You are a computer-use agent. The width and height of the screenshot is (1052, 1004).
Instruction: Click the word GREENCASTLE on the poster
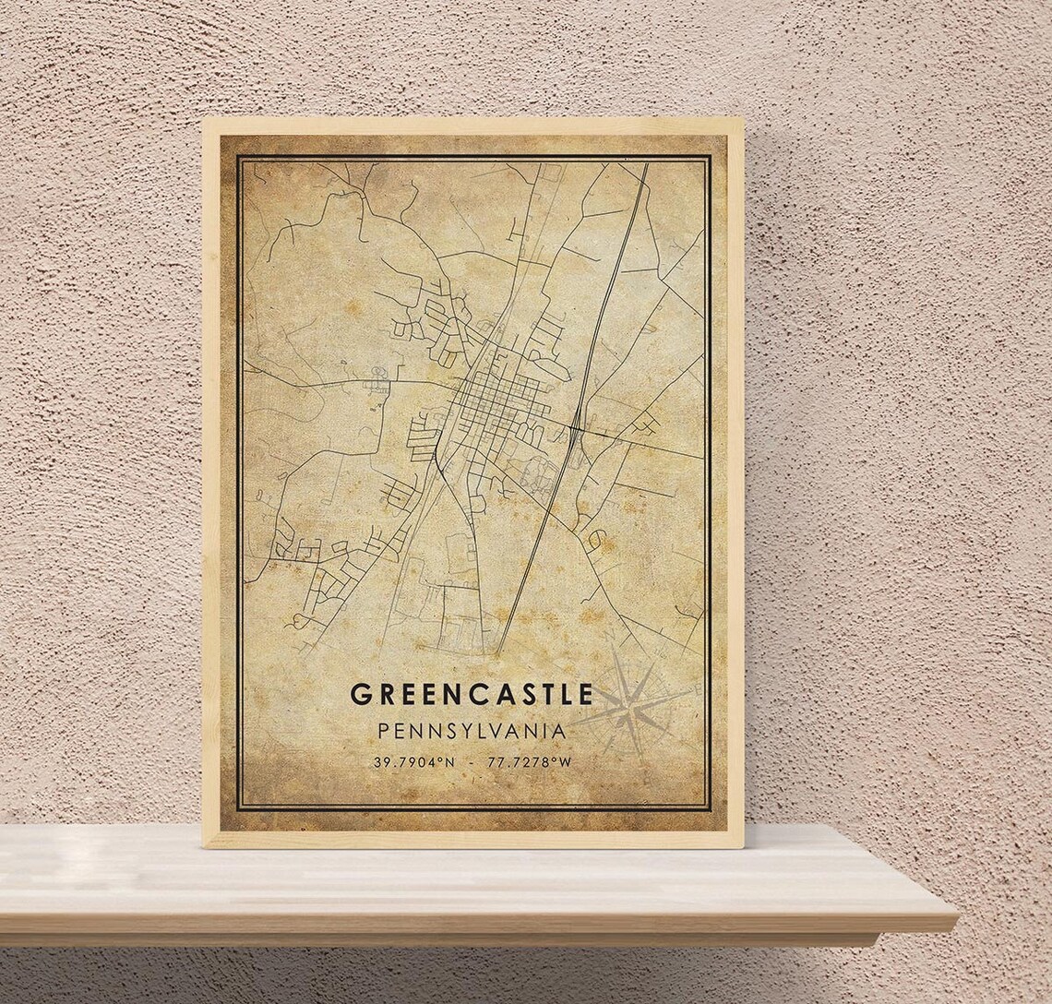tap(471, 695)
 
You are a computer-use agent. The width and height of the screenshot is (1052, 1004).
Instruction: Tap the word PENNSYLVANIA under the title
tap(471, 731)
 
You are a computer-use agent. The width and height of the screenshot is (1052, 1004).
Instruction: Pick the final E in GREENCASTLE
tap(584, 695)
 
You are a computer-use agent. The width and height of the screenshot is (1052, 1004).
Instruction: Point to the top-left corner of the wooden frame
tap(204, 119)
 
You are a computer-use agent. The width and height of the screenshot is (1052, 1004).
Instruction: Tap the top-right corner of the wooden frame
tap(742, 119)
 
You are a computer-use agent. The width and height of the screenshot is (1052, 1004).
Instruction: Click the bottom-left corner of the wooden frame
tap(204, 845)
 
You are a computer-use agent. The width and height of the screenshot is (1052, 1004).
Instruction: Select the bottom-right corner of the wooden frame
tap(742, 845)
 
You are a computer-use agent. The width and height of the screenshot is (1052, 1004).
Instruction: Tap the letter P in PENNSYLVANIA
tap(383, 731)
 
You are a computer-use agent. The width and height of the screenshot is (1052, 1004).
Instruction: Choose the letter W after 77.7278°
tap(564, 762)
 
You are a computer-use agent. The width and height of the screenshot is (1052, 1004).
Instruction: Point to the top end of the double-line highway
tap(644, 167)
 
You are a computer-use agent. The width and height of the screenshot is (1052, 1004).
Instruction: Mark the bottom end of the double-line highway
tap(498, 653)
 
